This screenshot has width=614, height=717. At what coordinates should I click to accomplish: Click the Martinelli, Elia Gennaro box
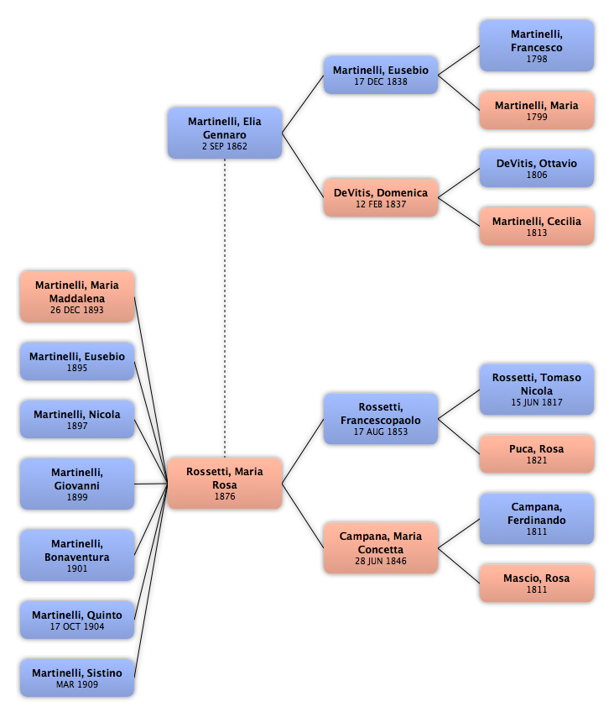point(225,133)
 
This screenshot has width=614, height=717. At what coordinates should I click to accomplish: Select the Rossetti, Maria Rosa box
point(225,484)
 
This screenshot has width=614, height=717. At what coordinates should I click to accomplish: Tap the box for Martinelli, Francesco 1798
point(537,45)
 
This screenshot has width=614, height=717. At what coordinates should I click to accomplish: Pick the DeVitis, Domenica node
point(381,197)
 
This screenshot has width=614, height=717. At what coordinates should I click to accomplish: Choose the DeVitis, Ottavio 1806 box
point(537,168)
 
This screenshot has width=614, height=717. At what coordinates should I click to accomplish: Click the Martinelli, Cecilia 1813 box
point(537,226)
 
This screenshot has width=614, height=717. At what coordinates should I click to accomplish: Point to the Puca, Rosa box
point(537,453)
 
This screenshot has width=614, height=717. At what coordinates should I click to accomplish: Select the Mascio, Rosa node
point(537,583)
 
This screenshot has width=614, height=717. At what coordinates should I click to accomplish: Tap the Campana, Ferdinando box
point(537,519)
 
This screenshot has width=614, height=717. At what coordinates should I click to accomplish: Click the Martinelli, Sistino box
point(77,678)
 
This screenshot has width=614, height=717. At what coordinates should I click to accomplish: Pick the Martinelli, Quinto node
point(77,620)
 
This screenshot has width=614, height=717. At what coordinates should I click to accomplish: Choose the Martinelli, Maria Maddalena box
point(77,296)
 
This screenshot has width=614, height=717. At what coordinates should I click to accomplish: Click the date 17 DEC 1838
point(381,81)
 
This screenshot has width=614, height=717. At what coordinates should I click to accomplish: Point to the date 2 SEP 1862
point(225,146)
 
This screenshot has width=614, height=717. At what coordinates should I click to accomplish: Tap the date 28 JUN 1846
point(381,561)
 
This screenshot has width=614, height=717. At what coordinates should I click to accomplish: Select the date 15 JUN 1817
point(537,402)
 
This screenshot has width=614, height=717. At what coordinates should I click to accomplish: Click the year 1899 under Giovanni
point(77,497)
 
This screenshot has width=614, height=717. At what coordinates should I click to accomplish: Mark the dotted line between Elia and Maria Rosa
point(225,308)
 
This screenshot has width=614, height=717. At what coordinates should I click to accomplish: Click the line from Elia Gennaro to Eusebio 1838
point(303,104)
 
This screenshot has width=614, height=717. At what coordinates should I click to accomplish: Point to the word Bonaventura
point(77,557)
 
